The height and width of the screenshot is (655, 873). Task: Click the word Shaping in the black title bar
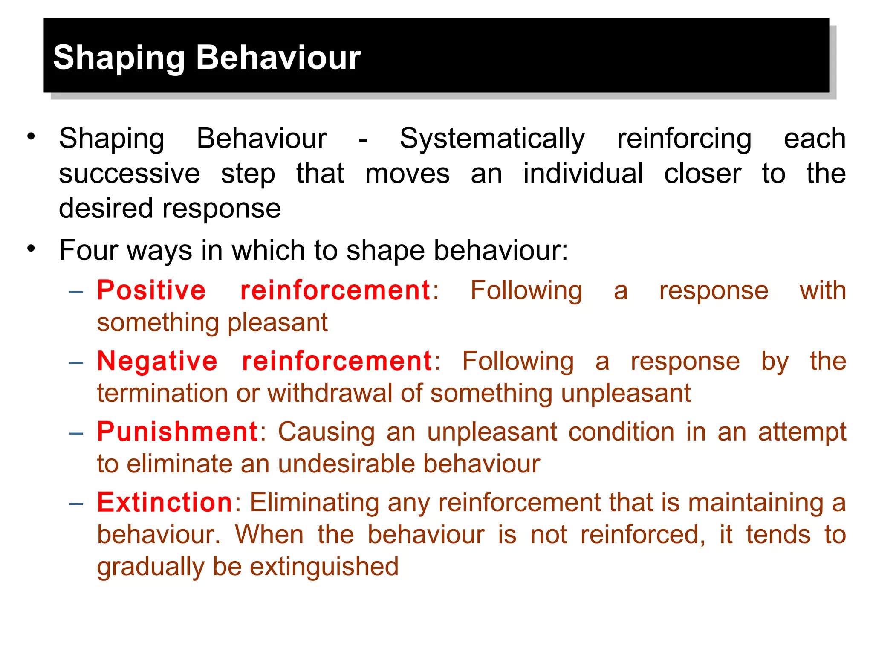119,58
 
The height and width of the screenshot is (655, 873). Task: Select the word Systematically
492,139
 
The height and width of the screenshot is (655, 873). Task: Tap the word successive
129,174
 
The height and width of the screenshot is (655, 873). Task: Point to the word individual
583,174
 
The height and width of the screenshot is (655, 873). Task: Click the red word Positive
151,290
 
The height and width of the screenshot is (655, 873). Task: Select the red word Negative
157,361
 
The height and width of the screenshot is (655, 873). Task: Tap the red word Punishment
177,432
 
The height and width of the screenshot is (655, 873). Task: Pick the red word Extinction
165,502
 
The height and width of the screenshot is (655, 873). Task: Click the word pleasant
278,322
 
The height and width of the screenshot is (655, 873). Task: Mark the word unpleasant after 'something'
625,393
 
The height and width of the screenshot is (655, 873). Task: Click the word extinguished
324,567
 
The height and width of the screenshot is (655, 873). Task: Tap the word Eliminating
314,502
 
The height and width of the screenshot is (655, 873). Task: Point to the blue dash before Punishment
76,433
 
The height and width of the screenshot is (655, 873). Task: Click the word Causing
327,432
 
